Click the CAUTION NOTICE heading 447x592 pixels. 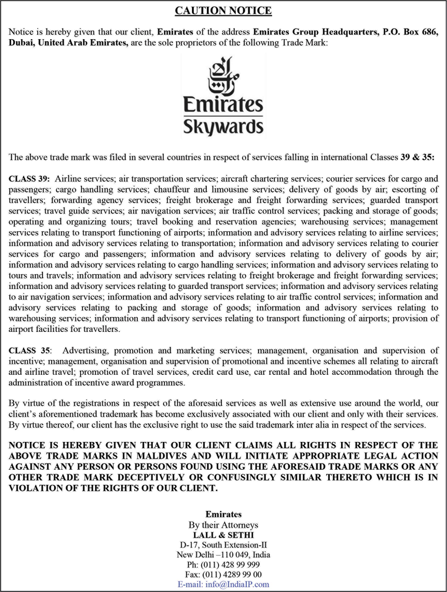(223, 10)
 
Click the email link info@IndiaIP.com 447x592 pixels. (223, 584)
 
